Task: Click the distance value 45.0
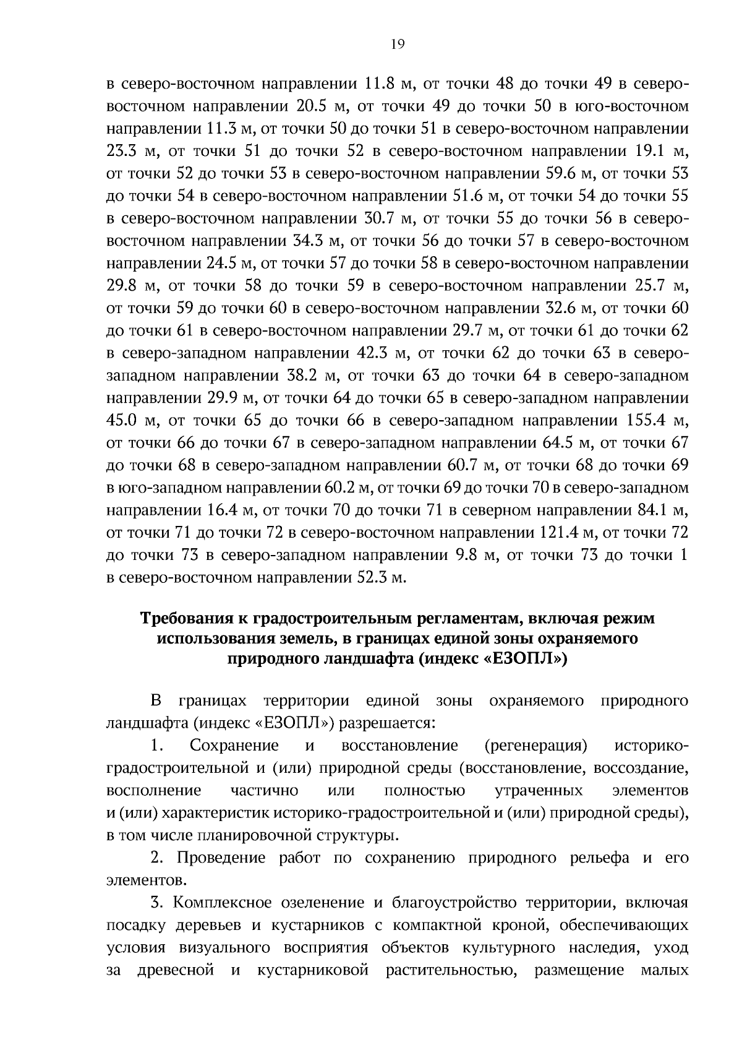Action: tap(122, 421)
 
